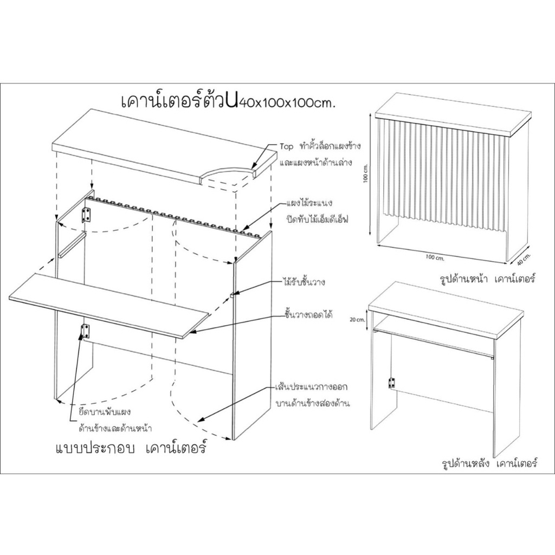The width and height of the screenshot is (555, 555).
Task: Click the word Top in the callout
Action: (286, 146)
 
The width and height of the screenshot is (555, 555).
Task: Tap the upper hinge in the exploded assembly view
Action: (86, 215)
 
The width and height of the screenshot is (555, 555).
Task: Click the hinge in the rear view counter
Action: (391, 383)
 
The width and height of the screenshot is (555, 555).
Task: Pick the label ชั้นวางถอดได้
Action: (308, 315)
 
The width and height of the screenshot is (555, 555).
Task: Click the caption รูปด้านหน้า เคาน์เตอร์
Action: (487, 279)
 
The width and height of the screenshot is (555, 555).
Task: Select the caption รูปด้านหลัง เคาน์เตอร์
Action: (490, 463)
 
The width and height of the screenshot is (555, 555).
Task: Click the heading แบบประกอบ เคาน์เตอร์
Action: (131, 448)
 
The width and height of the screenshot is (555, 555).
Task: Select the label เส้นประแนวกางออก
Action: (311, 387)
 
